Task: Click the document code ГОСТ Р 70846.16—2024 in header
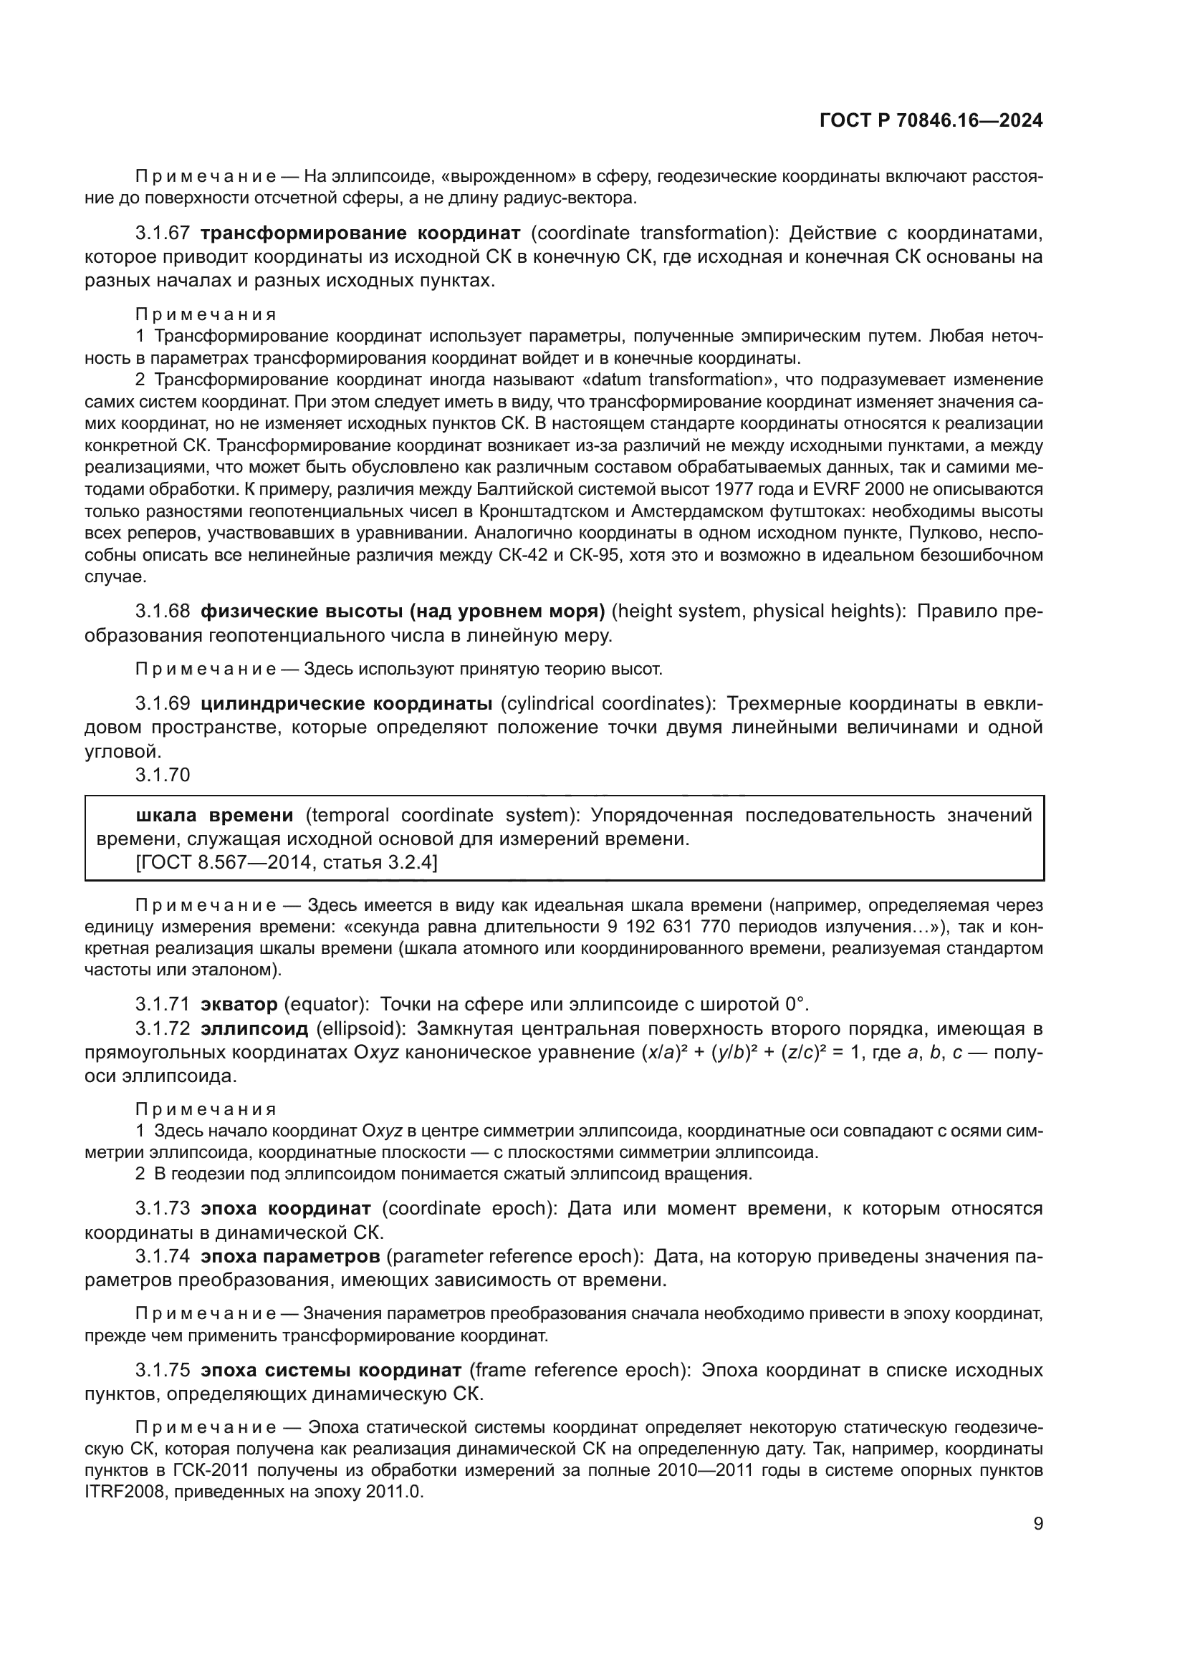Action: (x=931, y=121)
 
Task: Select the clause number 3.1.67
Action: (x=162, y=233)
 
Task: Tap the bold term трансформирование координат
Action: (x=360, y=233)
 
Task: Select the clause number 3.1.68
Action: (x=162, y=612)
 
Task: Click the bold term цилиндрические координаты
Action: (x=346, y=703)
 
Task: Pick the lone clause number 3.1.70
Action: (x=162, y=775)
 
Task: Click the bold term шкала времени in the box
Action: (x=214, y=815)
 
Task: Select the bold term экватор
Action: (x=239, y=1005)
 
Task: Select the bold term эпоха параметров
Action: (x=289, y=1256)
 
